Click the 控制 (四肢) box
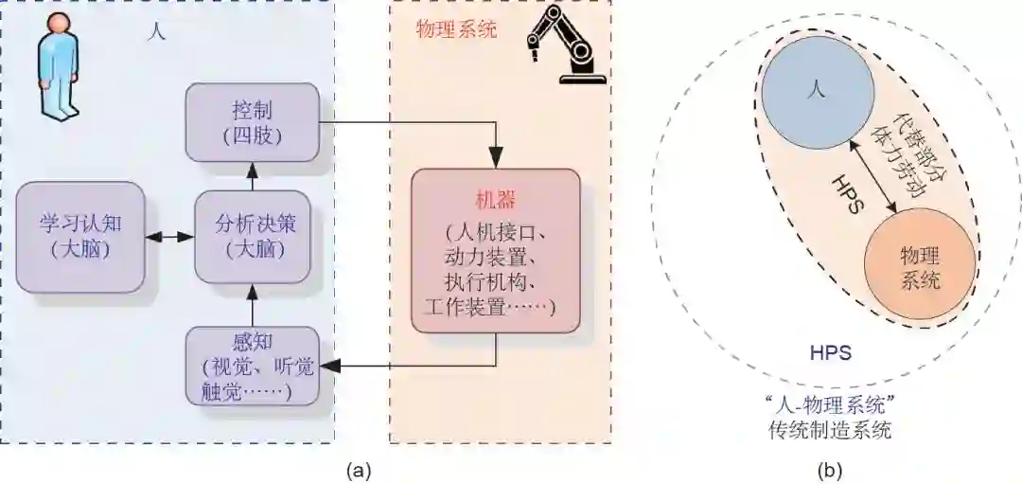[252, 120]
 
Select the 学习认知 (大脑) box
[80, 237]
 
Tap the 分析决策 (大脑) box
[252, 237]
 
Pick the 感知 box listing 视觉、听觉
[252, 365]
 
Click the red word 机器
[495, 201]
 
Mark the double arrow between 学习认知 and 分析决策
[169, 237]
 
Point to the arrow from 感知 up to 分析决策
[252, 305]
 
